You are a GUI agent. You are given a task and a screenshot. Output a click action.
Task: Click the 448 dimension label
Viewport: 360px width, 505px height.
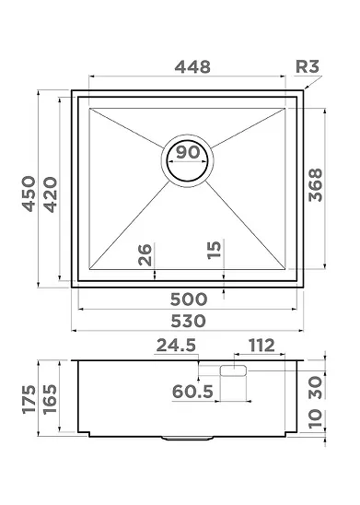192,67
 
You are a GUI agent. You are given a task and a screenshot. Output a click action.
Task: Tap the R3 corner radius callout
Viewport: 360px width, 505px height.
308,66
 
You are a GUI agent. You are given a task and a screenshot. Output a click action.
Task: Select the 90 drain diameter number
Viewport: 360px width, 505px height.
188,152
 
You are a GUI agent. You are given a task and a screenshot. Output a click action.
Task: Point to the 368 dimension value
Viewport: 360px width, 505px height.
315,185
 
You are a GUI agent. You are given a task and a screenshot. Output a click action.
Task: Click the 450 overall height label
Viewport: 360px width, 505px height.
29,194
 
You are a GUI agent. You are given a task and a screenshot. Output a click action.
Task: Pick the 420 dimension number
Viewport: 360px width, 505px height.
51,194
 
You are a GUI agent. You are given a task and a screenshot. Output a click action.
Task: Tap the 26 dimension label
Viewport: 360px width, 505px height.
145,254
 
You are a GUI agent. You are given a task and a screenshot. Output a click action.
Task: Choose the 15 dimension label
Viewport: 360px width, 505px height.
215,250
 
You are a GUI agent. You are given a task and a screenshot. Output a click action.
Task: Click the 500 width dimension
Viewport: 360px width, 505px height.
189,299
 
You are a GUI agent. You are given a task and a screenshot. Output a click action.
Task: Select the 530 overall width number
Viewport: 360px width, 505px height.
188,321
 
